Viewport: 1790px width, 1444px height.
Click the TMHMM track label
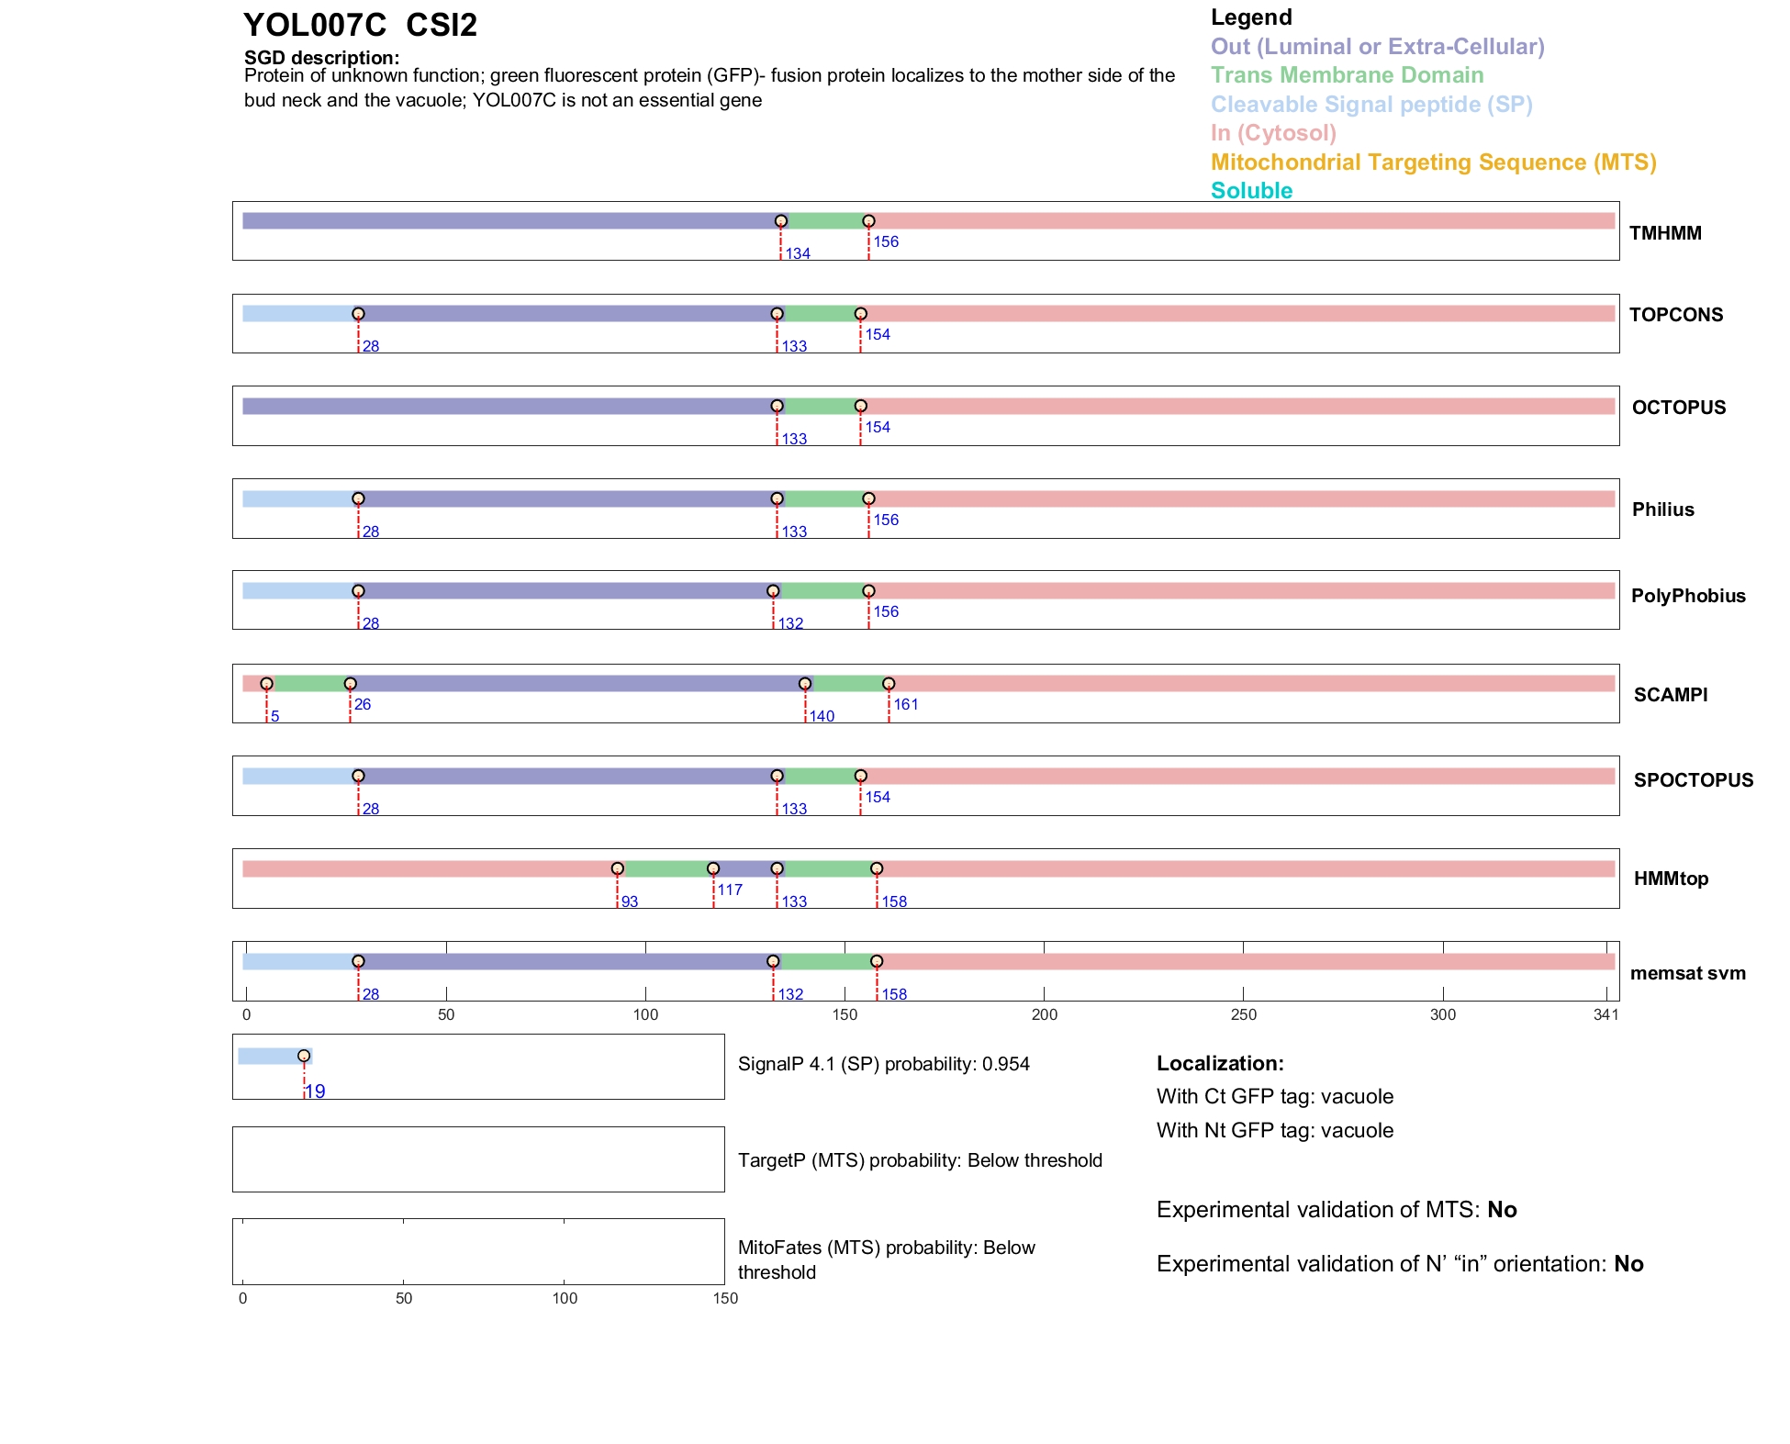[x=1664, y=233]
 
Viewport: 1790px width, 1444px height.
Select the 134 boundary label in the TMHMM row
[x=797, y=253]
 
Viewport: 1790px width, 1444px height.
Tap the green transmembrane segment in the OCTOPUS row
[x=819, y=406]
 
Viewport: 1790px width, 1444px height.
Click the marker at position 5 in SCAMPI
[x=266, y=684]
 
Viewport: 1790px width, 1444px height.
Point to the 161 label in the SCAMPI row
[x=905, y=704]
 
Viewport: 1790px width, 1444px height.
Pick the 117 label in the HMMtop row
[x=730, y=890]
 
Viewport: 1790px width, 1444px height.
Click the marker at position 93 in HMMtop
[x=618, y=868]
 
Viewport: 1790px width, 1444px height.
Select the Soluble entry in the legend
[x=1251, y=191]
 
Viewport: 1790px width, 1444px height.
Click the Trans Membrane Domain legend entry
[x=1347, y=75]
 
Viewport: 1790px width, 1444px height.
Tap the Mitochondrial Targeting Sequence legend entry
[x=1433, y=162]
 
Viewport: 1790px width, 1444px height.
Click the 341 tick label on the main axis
[x=1605, y=1014]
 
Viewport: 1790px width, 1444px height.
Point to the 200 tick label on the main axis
[x=1045, y=1014]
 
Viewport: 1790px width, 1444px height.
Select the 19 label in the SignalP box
[x=315, y=1091]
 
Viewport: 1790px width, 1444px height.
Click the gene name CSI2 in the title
[x=442, y=26]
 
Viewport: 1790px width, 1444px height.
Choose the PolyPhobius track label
[x=1687, y=596]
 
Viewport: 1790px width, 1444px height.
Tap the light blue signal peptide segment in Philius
[x=299, y=498]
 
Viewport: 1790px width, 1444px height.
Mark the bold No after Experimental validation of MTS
[x=1502, y=1210]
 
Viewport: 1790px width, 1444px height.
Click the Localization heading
[x=1219, y=1063]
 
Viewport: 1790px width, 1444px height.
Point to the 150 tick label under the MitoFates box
[x=725, y=1298]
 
